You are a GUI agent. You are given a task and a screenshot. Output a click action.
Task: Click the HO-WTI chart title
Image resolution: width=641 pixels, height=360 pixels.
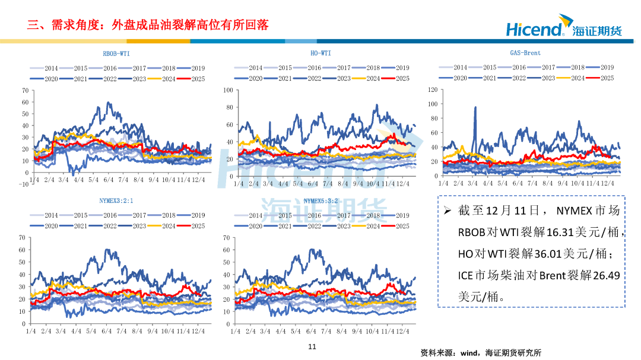point(320,53)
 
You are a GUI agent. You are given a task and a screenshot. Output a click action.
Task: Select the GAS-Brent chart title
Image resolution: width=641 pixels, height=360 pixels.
point(525,53)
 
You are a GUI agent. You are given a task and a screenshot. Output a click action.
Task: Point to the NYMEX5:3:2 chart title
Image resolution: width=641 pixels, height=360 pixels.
point(320,201)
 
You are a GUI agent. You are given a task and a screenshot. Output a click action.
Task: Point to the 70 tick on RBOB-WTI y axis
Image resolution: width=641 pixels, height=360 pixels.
point(24,90)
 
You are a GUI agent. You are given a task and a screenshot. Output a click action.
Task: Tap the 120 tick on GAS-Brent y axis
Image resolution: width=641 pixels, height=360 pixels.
point(432,90)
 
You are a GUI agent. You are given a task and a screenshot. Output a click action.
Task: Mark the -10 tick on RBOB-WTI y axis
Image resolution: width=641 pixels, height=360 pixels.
point(24,183)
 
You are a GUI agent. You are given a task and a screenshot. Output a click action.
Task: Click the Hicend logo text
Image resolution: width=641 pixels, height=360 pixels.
point(534,28)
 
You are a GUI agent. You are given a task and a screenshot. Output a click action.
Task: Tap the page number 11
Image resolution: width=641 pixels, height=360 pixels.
point(313,347)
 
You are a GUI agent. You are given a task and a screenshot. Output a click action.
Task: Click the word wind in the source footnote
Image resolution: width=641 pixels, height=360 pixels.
point(470,352)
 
